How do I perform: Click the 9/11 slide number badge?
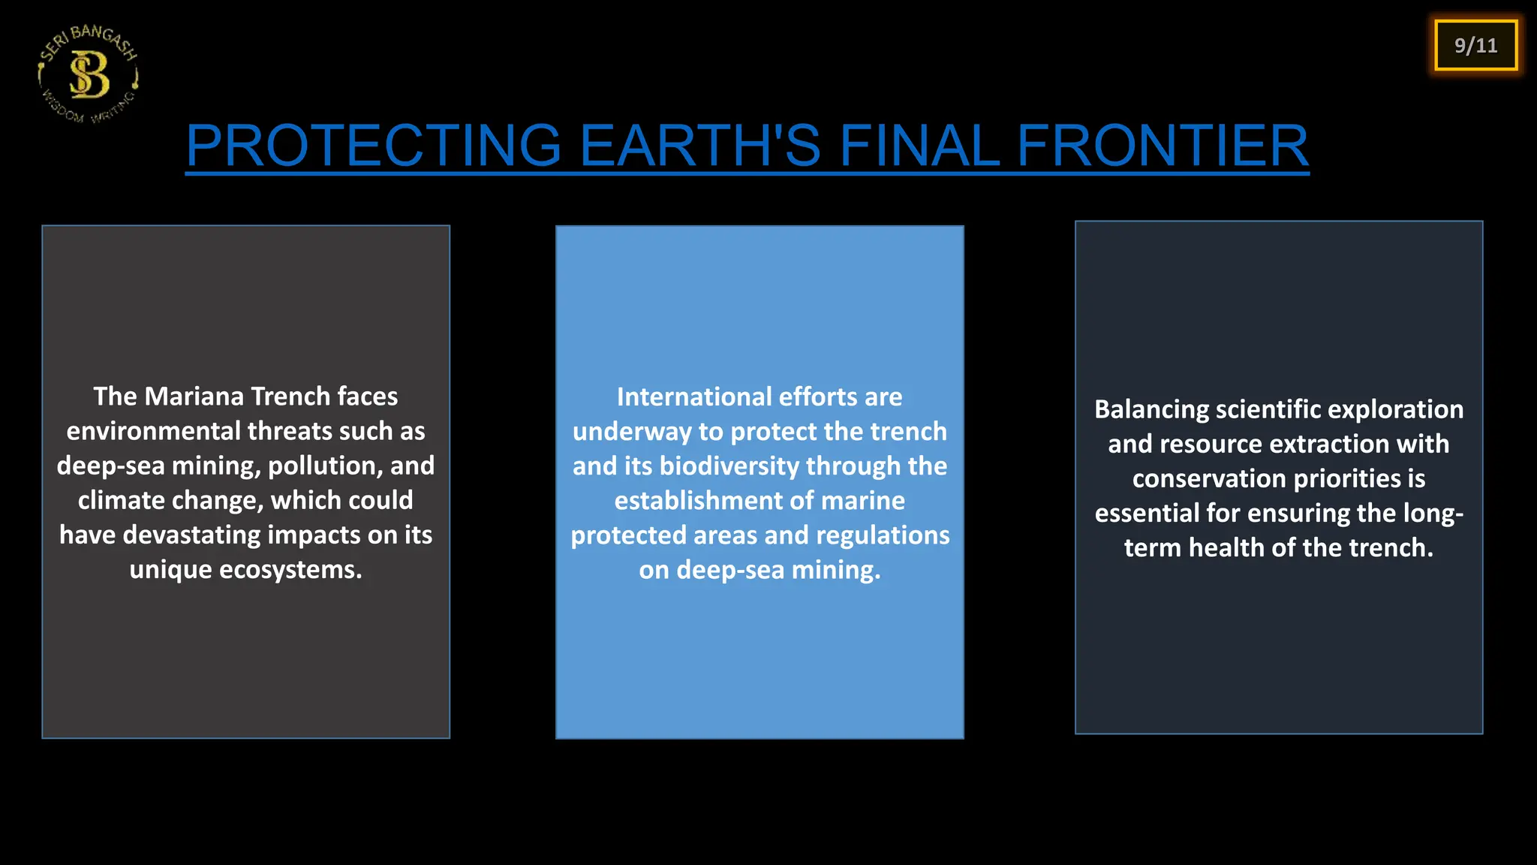[x=1475, y=46]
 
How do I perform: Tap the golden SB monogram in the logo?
[x=89, y=75]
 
